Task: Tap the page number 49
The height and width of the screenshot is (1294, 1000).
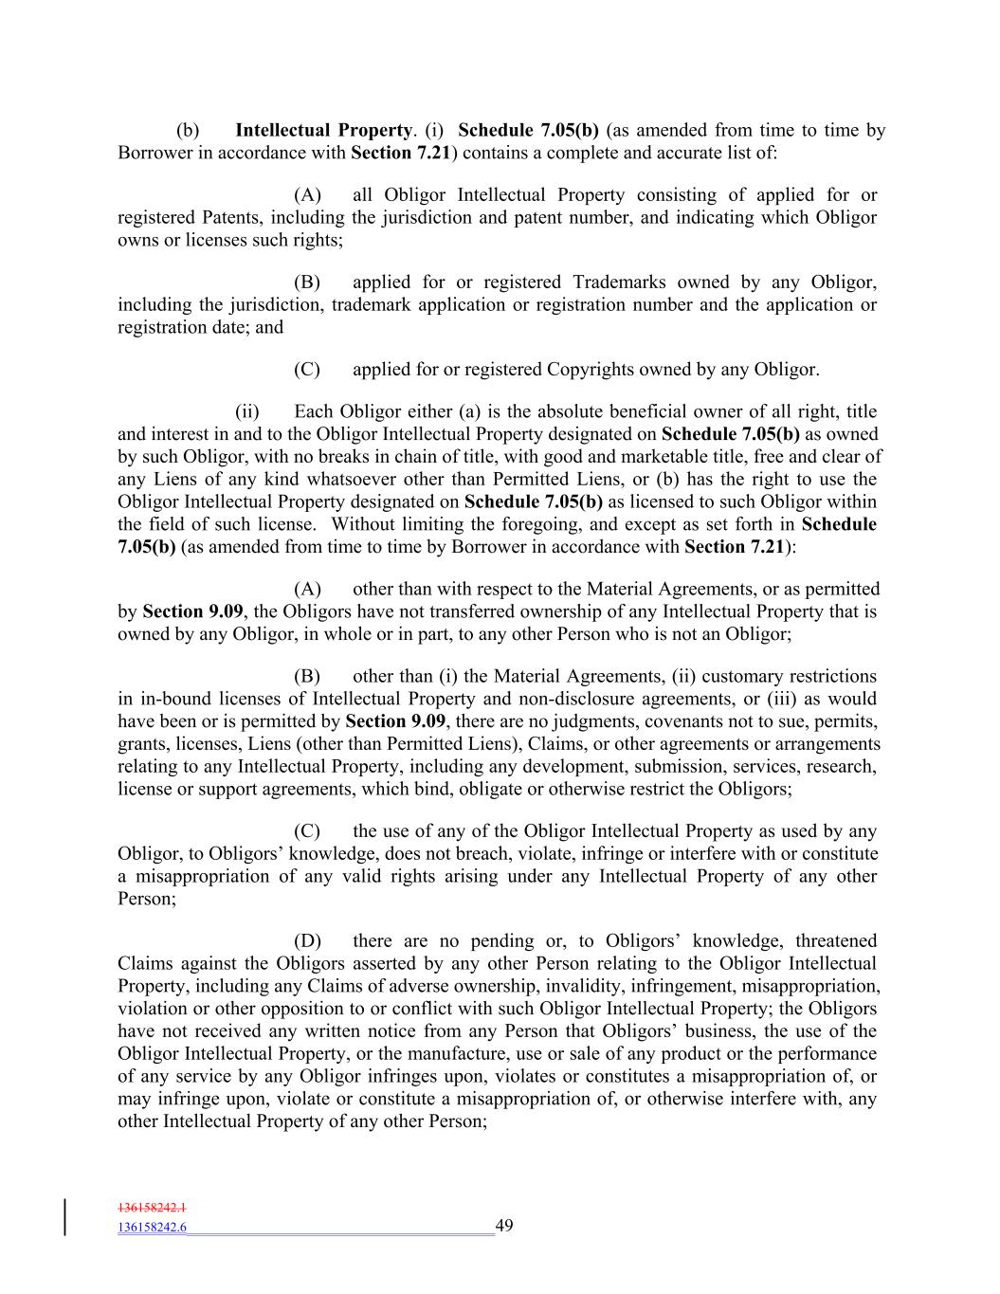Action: (504, 1226)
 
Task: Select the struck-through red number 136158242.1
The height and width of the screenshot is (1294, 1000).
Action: (153, 1209)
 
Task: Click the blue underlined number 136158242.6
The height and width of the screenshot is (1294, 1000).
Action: (153, 1228)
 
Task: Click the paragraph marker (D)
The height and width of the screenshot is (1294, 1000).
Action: (307, 940)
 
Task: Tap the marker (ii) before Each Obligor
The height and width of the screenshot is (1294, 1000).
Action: (247, 410)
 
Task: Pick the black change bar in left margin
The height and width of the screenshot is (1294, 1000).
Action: (65, 1217)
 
